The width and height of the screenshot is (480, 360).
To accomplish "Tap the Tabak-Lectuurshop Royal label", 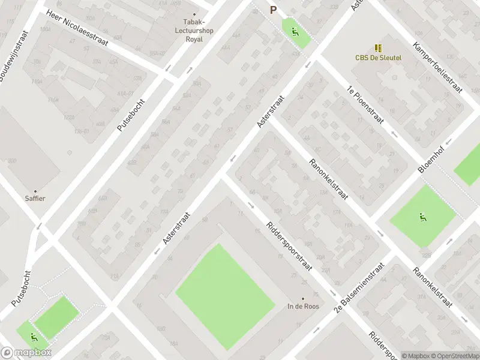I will tap(193, 31).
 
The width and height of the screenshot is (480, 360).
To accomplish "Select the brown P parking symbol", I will tap(274, 10).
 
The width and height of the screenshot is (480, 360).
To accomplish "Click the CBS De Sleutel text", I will tap(378, 58).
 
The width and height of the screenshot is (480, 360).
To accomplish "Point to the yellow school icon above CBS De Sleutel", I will tap(378, 48).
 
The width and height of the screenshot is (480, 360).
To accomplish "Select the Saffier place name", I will tap(35, 199).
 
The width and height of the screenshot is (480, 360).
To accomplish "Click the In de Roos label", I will tap(303, 306).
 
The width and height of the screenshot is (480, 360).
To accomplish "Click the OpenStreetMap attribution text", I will tap(455, 356).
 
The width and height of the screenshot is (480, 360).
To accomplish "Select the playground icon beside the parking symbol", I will tap(295, 31).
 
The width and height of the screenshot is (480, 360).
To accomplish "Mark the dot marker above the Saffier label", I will tap(35, 191).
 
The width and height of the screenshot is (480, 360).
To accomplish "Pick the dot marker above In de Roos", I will tap(303, 298).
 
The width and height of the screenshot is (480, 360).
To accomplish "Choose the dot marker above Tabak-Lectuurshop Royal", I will tap(194, 14).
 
